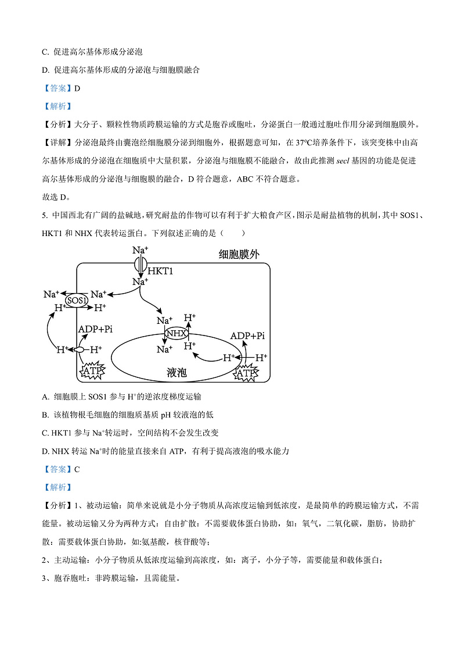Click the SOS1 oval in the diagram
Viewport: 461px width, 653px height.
click(x=77, y=300)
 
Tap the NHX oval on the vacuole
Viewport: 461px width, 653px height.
click(x=176, y=333)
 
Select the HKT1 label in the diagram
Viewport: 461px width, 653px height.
click(x=161, y=271)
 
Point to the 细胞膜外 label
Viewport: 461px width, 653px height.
click(x=239, y=255)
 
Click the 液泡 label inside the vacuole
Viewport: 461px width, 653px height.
click(x=176, y=372)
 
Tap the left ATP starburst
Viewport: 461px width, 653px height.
click(x=92, y=370)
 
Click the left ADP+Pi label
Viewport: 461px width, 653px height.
click(x=95, y=329)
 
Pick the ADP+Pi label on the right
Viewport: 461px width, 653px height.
click(x=247, y=336)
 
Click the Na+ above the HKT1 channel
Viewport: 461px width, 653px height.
click(x=139, y=251)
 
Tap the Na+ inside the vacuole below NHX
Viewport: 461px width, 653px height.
click(x=164, y=349)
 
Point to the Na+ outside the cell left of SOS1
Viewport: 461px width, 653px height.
click(x=52, y=294)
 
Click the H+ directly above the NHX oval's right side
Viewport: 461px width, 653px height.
click(x=189, y=318)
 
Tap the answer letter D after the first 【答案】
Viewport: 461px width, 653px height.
click(x=77, y=88)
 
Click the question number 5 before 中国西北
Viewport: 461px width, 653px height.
click(x=45, y=216)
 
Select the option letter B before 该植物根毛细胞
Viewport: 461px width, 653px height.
click(x=45, y=415)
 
